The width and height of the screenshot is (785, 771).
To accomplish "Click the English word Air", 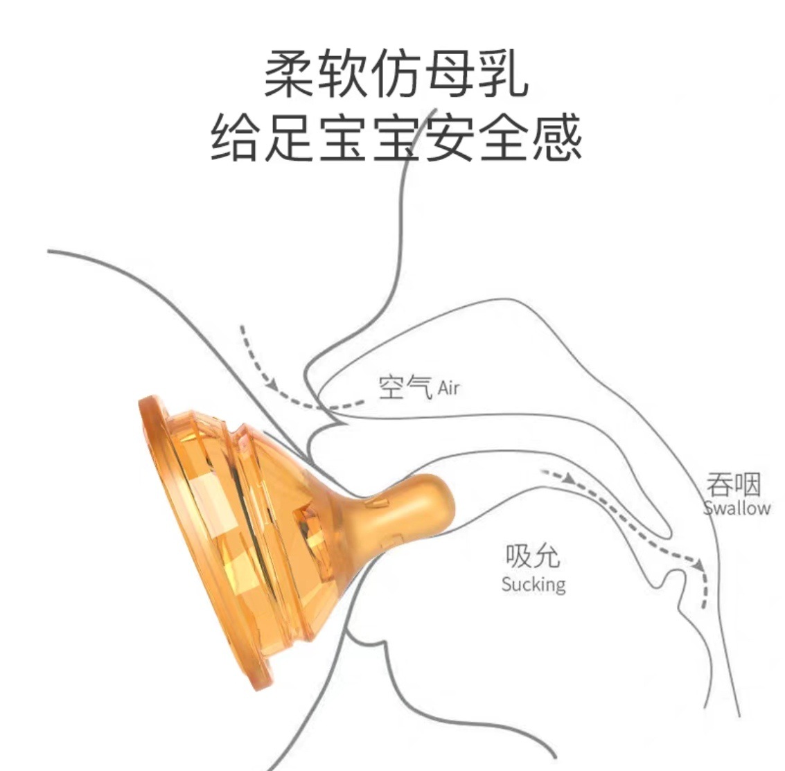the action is coord(448,389).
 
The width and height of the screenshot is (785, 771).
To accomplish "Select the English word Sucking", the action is coord(533,584).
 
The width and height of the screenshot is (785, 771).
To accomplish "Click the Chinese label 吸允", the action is coord(532,556).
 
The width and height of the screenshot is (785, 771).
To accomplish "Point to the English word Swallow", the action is coord(737,508).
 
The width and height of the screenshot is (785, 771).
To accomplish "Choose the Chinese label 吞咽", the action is coord(734,484).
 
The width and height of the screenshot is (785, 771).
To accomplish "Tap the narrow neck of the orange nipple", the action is coord(367,516).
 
